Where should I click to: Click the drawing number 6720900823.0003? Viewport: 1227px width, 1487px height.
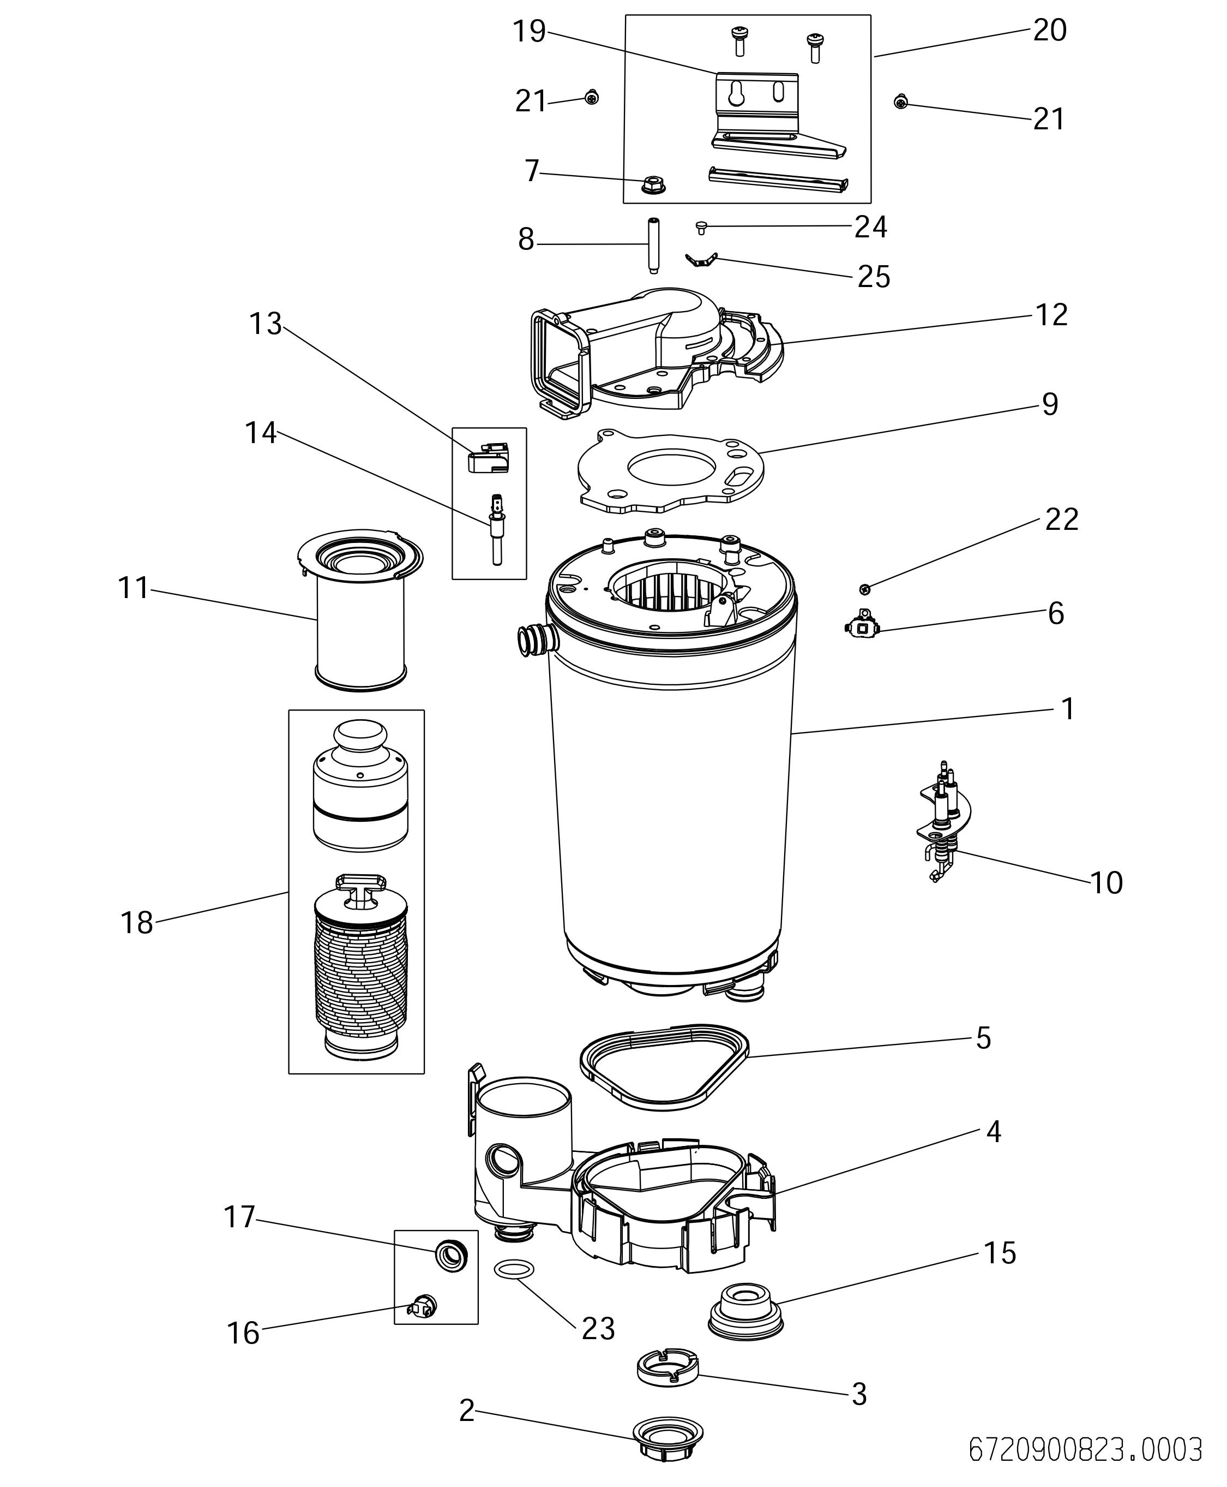coord(1084,1449)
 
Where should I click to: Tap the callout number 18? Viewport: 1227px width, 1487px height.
coord(136,923)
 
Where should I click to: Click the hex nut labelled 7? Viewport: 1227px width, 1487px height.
coord(653,187)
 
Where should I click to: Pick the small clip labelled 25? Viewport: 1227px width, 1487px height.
coord(701,260)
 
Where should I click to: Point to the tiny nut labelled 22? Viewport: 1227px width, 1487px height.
coord(864,588)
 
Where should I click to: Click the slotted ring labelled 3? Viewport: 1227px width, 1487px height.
coord(667,1366)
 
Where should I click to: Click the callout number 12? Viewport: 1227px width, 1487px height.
coord(1051,315)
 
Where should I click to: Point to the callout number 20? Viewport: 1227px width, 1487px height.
coord(1050,31)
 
